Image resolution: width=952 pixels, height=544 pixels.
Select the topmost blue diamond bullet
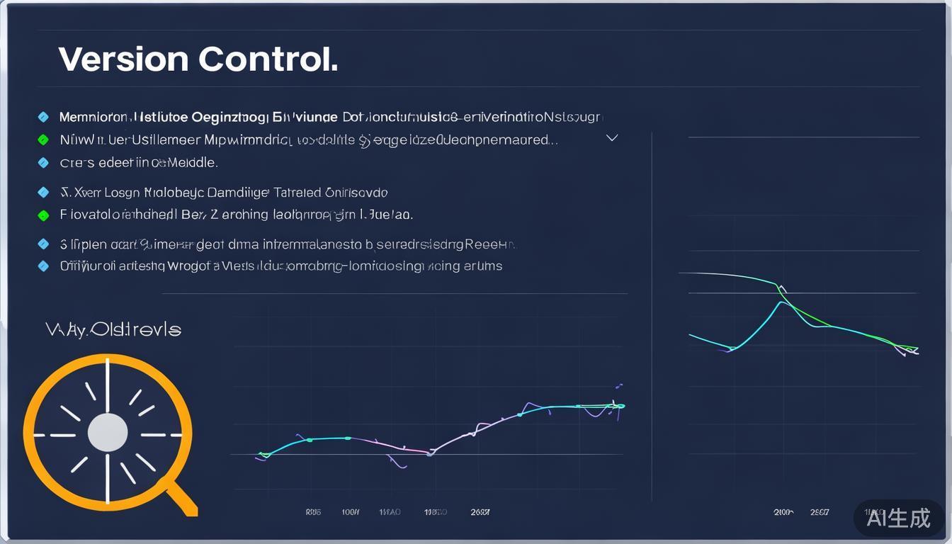coord(43,117)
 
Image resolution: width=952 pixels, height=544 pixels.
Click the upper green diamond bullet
coord(43,140)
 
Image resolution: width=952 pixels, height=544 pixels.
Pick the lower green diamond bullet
coord(43,215)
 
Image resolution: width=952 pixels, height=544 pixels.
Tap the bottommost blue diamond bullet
coord(43,266)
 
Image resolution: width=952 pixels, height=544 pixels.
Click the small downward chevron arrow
coord(612,138)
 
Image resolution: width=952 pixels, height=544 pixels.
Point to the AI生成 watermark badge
coord(898,518)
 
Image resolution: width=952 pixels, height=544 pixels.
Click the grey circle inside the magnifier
coord(108,433)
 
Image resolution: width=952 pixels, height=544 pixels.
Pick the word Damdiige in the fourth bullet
coord(240,193)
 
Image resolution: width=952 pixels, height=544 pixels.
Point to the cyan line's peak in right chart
coord(781,302)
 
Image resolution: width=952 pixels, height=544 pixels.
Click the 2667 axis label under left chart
coord(480,511)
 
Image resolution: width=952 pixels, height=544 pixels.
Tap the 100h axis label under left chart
coord(351,511)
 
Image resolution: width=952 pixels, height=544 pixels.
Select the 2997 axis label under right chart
coord(820,511)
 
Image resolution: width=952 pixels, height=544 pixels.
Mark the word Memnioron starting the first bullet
coord(93,117)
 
